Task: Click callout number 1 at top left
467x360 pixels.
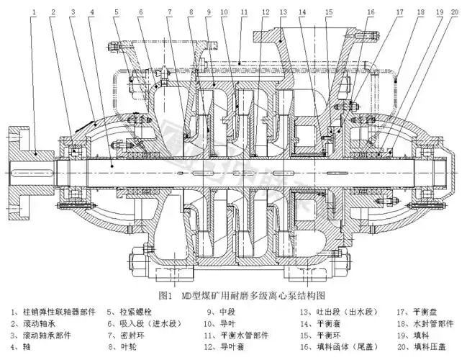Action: (x=34, y=13)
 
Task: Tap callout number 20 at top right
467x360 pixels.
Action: (x=454, y=13)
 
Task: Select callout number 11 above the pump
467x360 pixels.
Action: (x=244, y=13)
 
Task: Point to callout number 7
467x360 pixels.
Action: (x=169, y=13)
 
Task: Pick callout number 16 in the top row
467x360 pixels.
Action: (x=371, y=13)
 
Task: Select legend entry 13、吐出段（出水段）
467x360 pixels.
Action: (x=333, y=312)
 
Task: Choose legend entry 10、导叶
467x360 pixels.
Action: (x=220, y=324)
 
